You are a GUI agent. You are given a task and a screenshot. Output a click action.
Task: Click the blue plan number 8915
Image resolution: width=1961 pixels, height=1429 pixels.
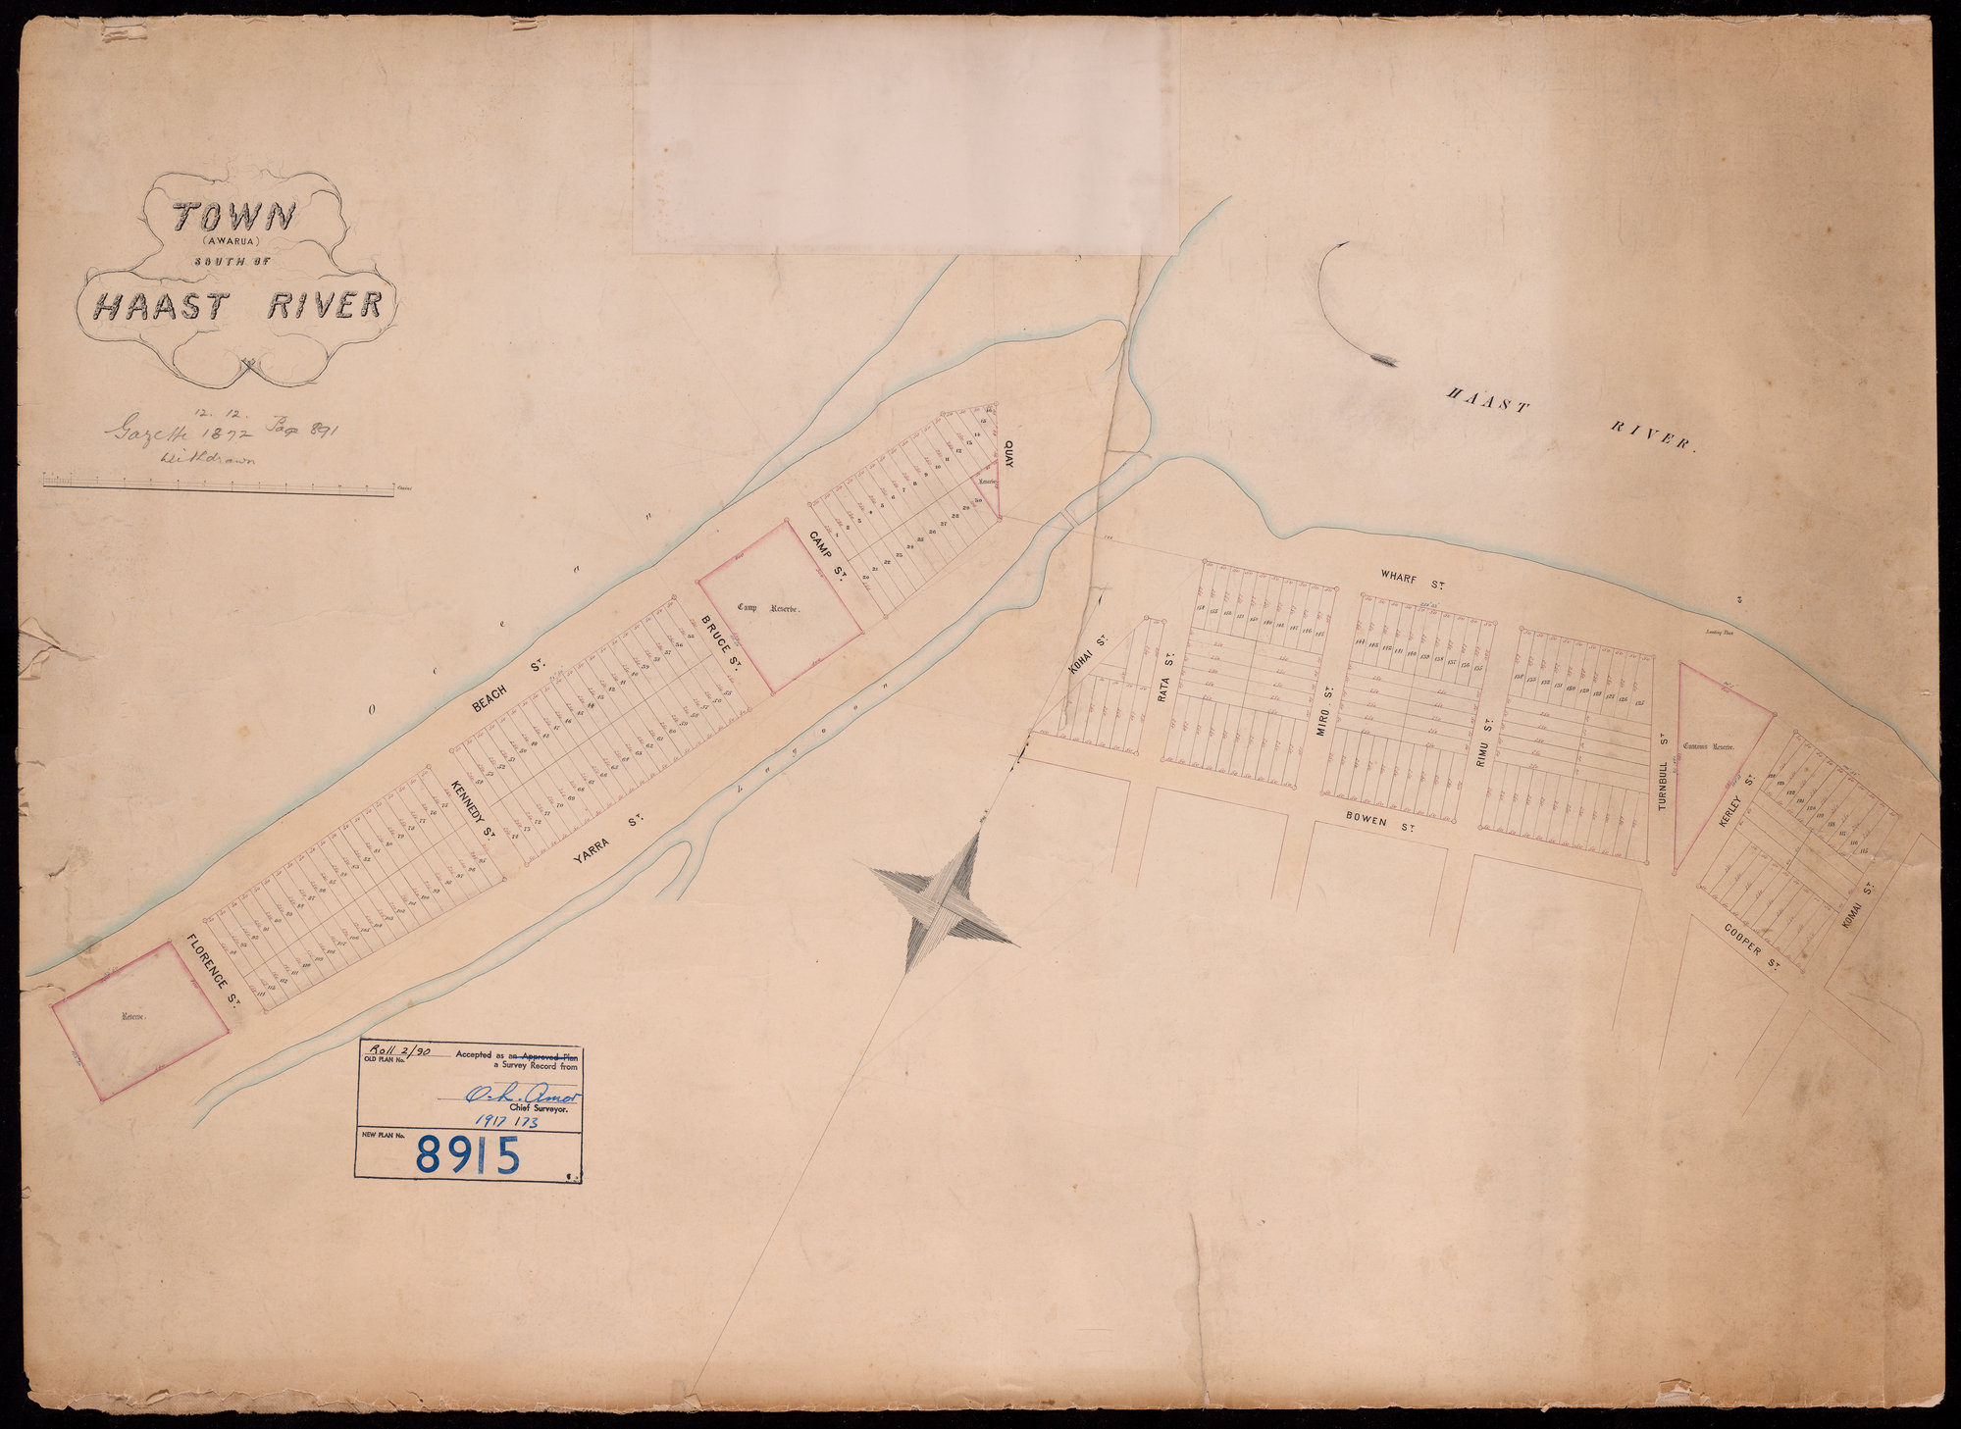(x=467, y=1155)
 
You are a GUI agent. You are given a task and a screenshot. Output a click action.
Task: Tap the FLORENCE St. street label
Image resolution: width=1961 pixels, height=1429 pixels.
(x=213, y=972)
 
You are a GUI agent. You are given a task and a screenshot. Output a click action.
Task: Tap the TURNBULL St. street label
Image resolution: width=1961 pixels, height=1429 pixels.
(x=1663, y=771)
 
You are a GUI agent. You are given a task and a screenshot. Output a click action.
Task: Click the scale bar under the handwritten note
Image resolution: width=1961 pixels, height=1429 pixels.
(x=218, y=484)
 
